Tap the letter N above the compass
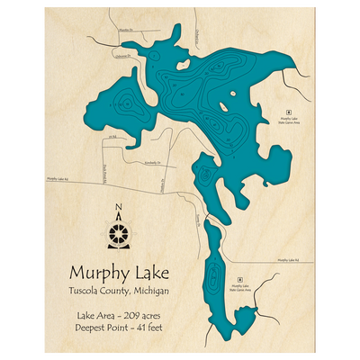pyautogui.click(x=120, y=213)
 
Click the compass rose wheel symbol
pyautogui.click(x=119, y=235)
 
